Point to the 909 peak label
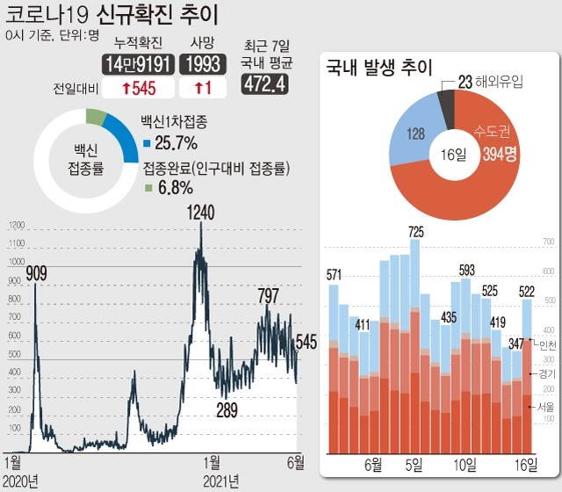tap(36, 273)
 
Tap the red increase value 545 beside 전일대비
tap(139, 89)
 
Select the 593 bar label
tap(466, 270)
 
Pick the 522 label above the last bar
tap(526, 292)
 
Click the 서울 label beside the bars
tap(546, 406)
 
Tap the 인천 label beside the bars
tap(546, 344)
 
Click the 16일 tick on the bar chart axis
tap(527, 463)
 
